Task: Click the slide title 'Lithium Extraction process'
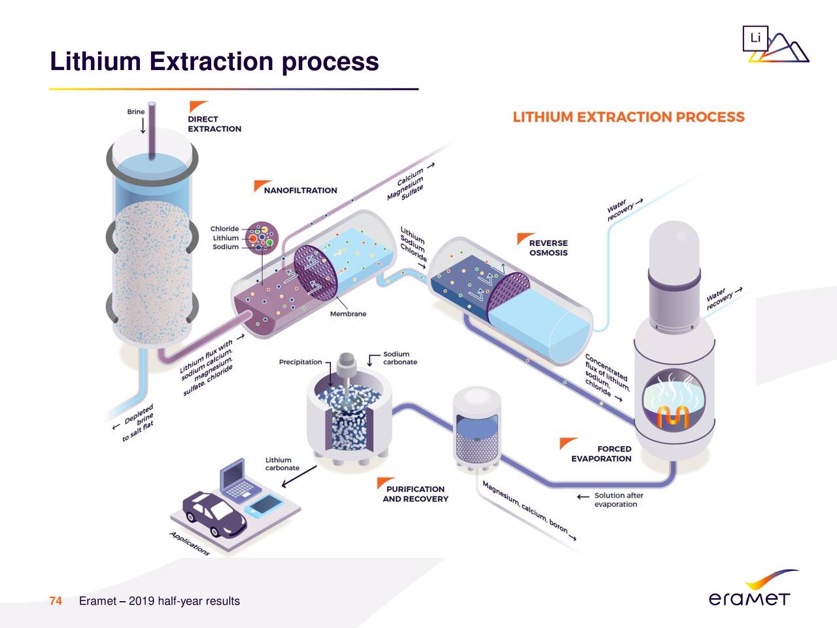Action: tap(214, 61)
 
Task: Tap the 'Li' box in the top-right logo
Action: tap(755, 39)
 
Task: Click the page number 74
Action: tap(56, 601)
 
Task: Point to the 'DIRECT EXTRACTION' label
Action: tap(214, 124)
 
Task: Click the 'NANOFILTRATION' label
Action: tap(300, 190)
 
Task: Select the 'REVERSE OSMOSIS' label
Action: tap(548, 248)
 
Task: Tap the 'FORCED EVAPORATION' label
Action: tap(601, 453)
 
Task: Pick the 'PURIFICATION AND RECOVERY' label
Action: tap(415, 494)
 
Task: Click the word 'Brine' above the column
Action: tap(136, 112)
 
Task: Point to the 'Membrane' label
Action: tap(348, 314)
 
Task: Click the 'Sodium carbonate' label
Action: tap(400, 358)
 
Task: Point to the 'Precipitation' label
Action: tap(300, 362)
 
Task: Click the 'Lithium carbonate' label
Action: tap(282, 464)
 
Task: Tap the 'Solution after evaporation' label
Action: tap(618, 500)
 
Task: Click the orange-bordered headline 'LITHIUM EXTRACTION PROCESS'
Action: tap(628, 117)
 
